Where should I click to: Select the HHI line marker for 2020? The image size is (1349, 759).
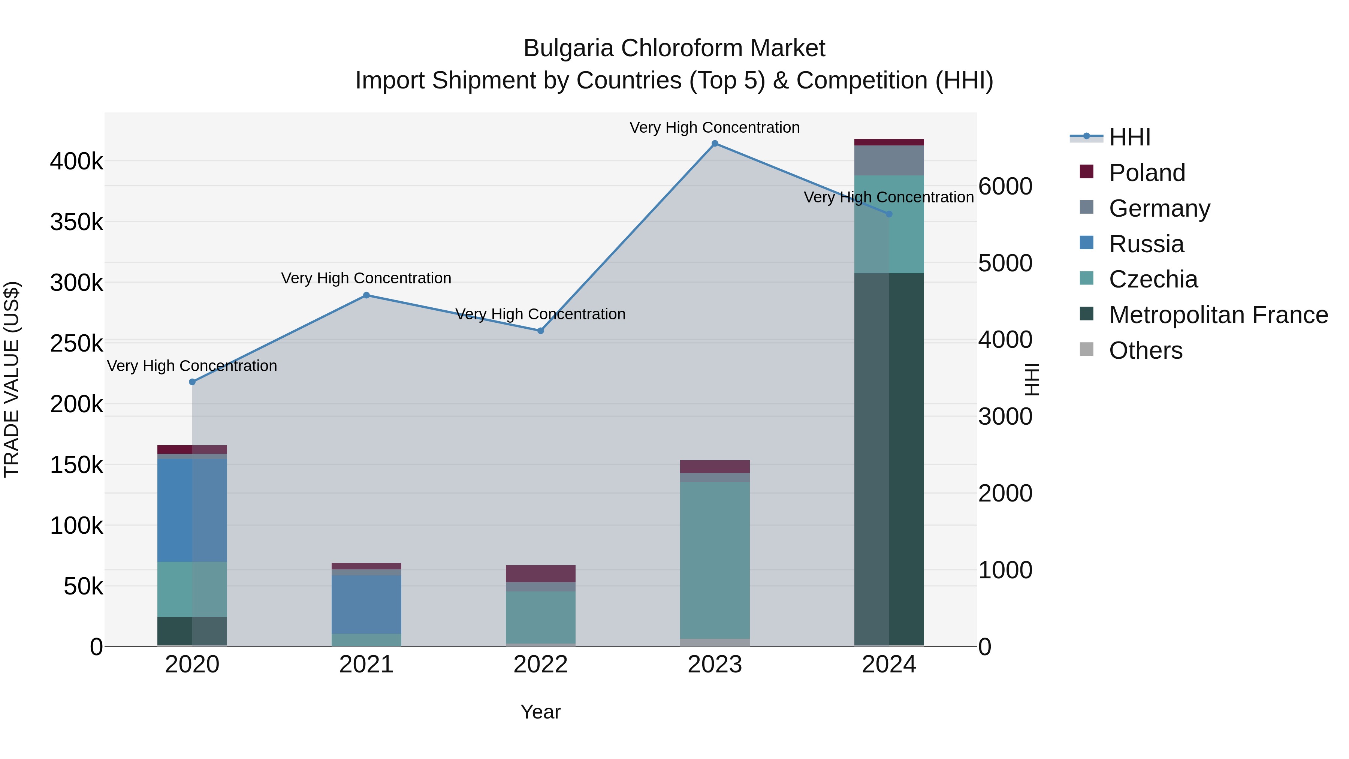192,382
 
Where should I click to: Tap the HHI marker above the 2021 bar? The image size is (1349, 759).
366,295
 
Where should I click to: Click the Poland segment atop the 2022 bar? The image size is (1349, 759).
540,573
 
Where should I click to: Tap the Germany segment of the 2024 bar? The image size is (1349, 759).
889,160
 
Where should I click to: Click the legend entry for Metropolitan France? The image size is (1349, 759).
1218,315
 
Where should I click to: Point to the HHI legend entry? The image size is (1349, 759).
1129,137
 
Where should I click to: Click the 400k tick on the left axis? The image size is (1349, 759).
76,161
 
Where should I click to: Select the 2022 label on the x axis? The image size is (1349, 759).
540,665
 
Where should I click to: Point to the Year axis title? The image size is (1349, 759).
540,712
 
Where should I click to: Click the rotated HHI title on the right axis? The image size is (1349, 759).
1031,379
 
